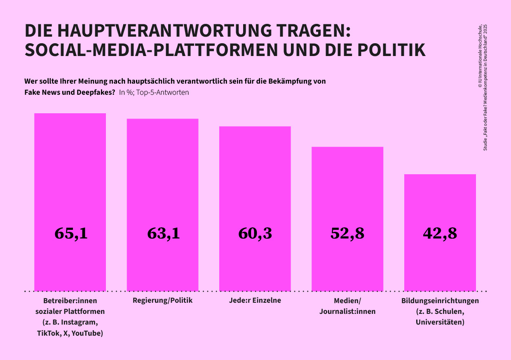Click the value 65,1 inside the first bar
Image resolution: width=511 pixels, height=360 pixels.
tap(71, 234)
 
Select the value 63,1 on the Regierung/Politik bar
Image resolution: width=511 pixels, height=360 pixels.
tap(163, 234)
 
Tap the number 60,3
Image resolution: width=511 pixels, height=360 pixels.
tap(255, 234)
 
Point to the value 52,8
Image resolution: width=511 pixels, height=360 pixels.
tap(347, 234)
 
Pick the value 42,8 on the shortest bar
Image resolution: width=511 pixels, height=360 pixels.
tap(440, 234)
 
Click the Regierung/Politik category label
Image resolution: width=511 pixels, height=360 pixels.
tap(162, 300)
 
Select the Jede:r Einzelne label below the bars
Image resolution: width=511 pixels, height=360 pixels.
tap(255, 300)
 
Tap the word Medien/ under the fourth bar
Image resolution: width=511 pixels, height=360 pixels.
tap(347, 300)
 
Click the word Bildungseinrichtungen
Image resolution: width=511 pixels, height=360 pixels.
tap(440, 301)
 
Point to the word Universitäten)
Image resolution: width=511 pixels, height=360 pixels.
tap(440, 322)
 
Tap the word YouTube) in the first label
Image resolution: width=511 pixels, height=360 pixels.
tap(87, 333)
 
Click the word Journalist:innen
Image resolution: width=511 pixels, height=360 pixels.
tap(347, 311)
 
